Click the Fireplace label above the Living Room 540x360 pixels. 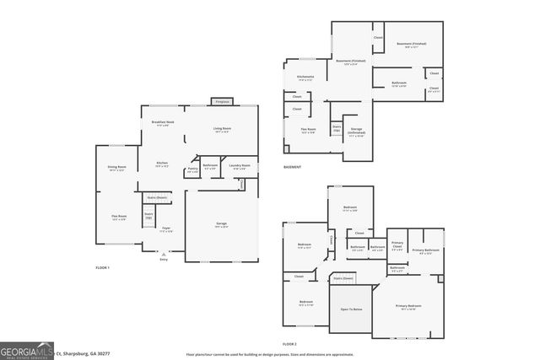222,100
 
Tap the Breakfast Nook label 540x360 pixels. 163,123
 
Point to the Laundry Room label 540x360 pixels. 239,166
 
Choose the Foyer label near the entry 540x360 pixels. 166,228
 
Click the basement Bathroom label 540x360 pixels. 399,83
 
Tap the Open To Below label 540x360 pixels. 350,309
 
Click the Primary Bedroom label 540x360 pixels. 408,306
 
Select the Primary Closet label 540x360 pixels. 397,244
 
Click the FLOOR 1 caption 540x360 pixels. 102,267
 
